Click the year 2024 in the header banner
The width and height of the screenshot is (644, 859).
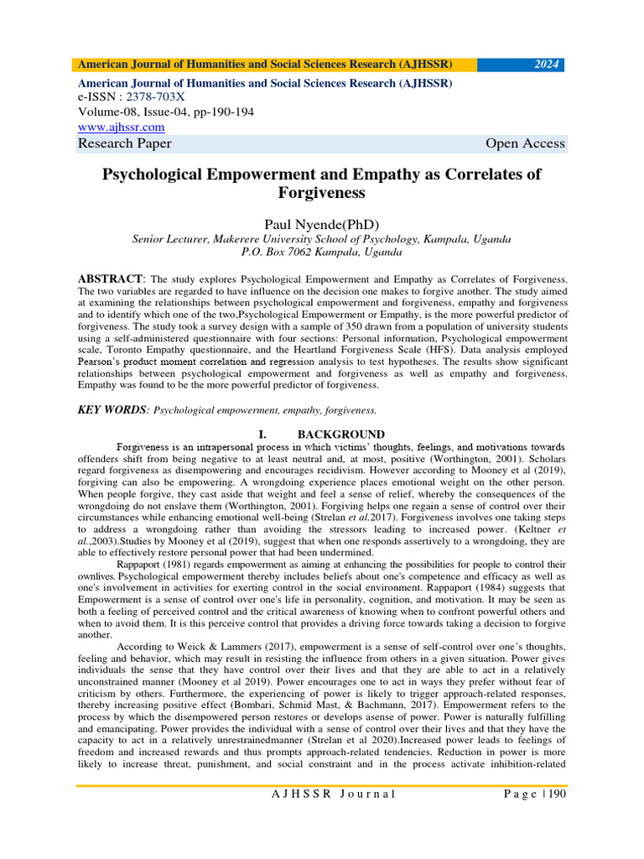546,65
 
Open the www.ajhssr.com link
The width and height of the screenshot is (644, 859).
121,127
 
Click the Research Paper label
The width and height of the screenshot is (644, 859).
124,143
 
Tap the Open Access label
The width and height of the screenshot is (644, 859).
525,143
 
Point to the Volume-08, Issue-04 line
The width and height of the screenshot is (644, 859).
165,112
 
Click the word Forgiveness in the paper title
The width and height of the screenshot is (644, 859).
321,193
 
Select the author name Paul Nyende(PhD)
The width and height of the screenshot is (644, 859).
321,224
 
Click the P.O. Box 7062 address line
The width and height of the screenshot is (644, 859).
321,252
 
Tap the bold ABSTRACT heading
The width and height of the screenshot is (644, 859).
111,278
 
